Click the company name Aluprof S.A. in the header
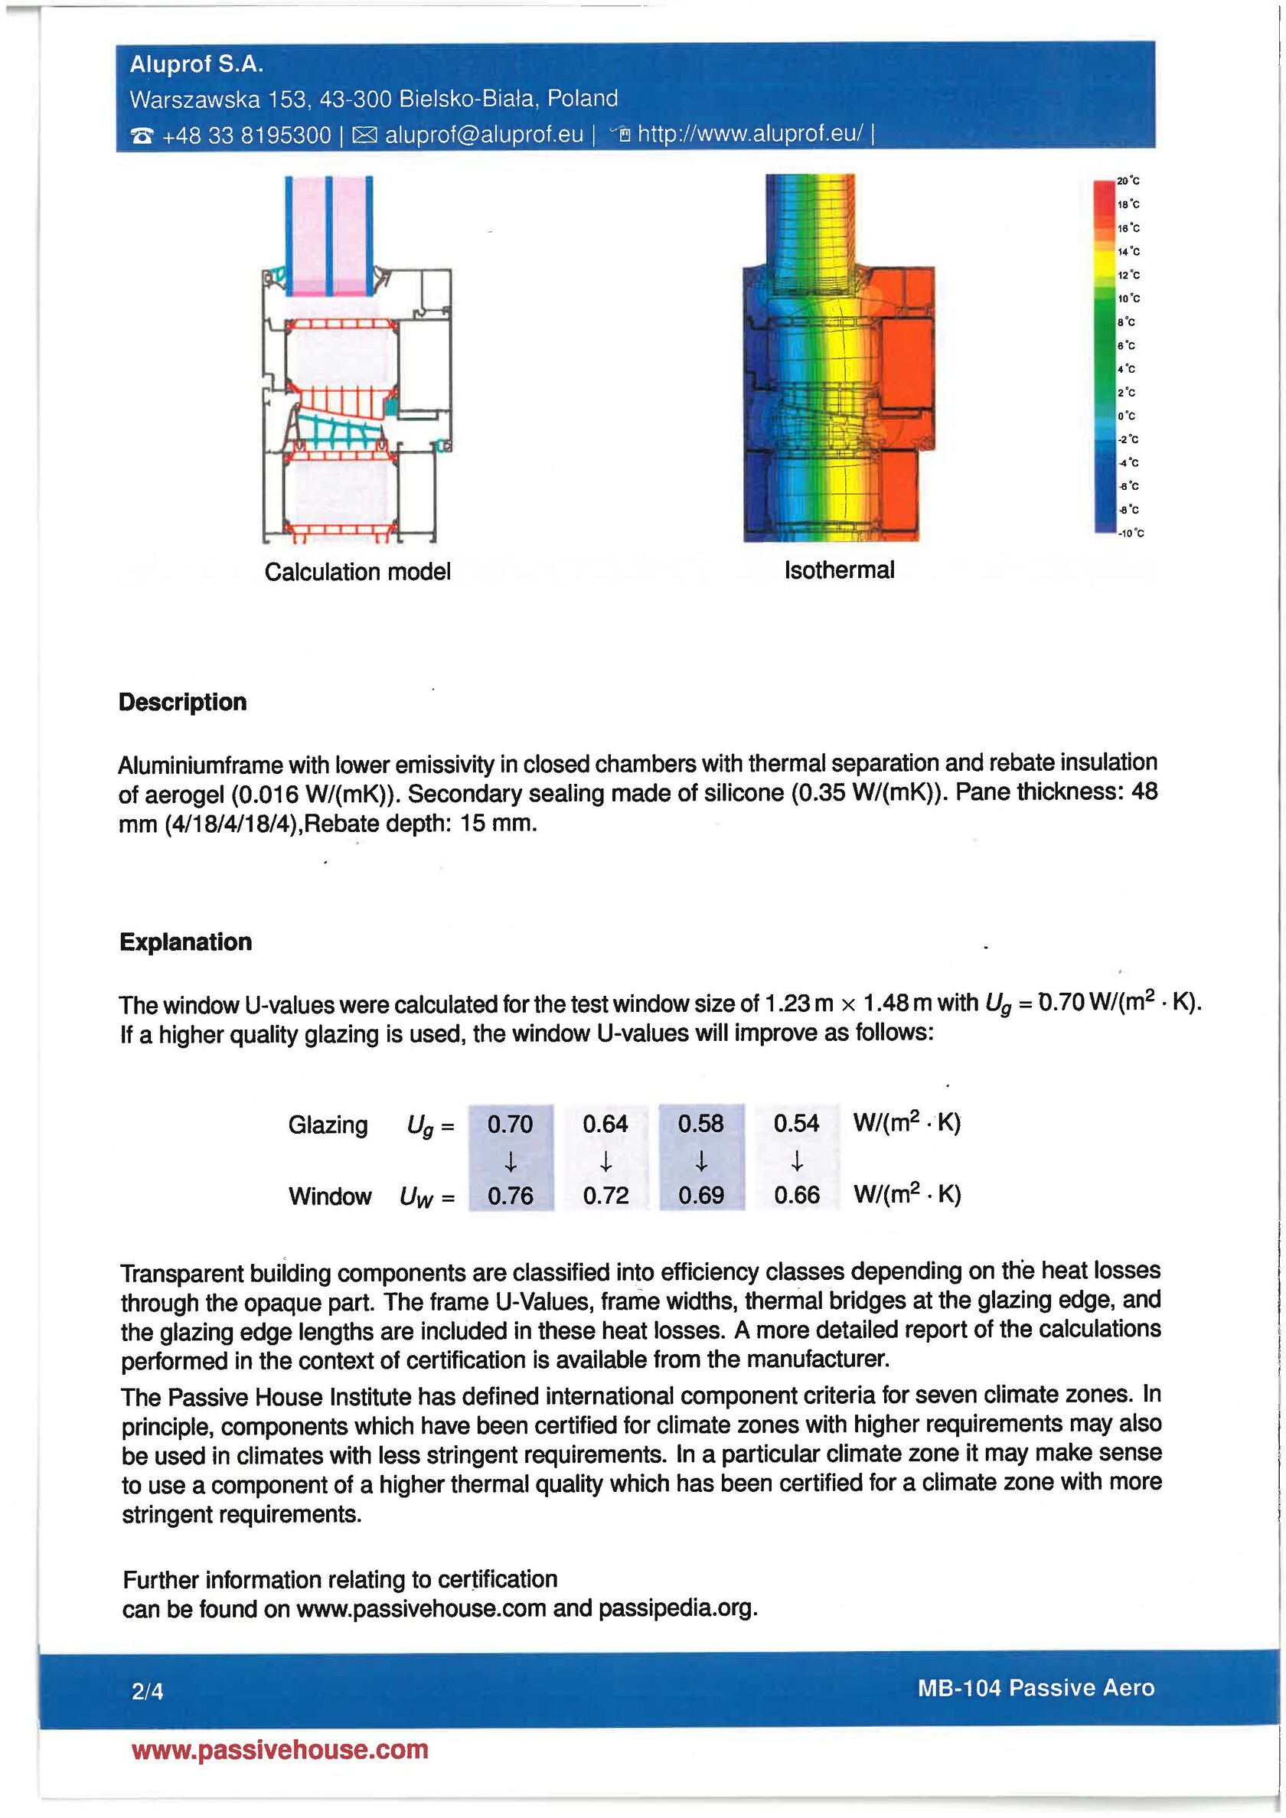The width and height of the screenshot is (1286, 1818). pos(196,64)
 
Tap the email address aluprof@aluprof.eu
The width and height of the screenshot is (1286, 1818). pos(484,135)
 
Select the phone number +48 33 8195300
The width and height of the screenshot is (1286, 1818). pos(246,135)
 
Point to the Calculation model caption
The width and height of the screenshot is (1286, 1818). pos(357,572)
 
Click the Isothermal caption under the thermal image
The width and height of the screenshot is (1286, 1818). pos(839,570)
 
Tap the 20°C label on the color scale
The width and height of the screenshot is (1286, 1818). pos(1128,181)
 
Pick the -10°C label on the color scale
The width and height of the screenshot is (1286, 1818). pos(1131,534)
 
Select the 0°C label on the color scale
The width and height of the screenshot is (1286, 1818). pos(1127,416)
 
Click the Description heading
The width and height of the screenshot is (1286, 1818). pos(182,703)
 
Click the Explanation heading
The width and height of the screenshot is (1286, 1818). pos(185,942)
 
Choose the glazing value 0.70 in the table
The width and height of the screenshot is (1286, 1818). pos(510,1124)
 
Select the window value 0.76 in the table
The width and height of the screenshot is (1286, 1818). pos(510,1196)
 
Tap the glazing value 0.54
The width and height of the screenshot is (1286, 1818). pos(796,1124)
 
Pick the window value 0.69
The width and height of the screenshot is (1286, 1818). pos(701,1196)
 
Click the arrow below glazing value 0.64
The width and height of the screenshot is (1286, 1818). pos(605,1161)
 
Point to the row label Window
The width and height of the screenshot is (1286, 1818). pos(329,1196)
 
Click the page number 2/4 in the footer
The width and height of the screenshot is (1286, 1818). pos(147,1691)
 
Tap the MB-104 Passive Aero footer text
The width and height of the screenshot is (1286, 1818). pos(1035,1687)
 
